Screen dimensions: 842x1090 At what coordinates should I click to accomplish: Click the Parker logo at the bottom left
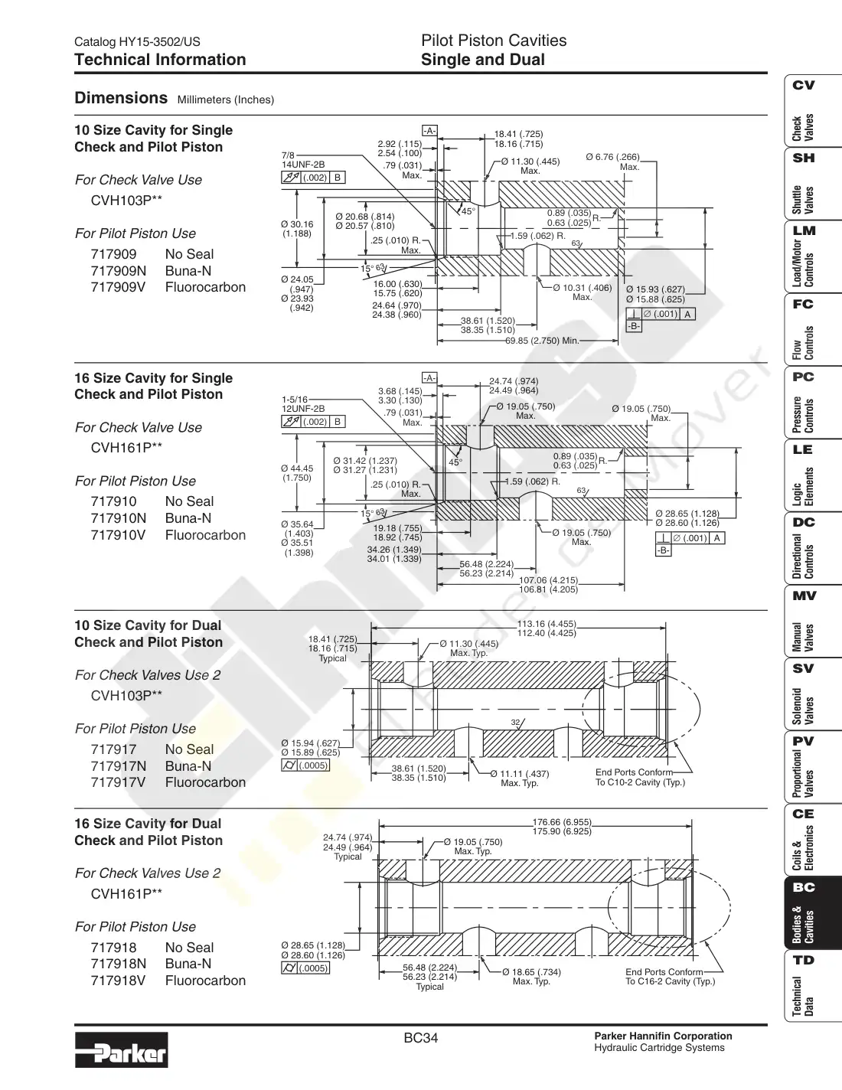[x=122, y=1049]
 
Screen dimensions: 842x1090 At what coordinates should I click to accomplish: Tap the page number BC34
[x=421, y=1038]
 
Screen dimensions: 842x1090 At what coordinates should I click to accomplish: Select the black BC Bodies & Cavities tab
[x=812, y=912]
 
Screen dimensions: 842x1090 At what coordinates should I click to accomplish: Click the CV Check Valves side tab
[x=812, y=110]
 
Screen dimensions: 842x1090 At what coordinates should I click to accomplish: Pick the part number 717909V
[x=119, y=287]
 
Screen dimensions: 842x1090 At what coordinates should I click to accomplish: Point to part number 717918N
[x=119, y=964]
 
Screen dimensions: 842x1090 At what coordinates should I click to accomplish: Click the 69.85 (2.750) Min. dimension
[x=542, y=341]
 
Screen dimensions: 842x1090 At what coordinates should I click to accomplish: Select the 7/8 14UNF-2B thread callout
[x=303, y=160]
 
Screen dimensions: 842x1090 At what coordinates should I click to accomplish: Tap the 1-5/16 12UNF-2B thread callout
[x=303, y=404]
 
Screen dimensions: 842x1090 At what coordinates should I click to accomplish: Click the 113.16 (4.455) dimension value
[x=547, y=624]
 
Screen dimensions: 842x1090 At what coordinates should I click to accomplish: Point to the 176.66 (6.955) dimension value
[x=562, y=822]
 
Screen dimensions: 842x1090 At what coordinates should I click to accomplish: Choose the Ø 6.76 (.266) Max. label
[x=613, y=162]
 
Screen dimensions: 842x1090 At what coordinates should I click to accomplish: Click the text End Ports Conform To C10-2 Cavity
[x=640, y=777]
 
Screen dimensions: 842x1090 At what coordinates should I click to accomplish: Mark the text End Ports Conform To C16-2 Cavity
[x=670, y=976]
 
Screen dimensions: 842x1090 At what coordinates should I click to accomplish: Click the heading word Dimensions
[x=121, y=97]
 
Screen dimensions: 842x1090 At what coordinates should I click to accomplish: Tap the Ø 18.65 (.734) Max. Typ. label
[x=531, y=976]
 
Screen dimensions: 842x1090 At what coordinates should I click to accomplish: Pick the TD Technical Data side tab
[x=812, y=986]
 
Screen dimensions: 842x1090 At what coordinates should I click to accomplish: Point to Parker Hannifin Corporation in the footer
[x=663, y=1036]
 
